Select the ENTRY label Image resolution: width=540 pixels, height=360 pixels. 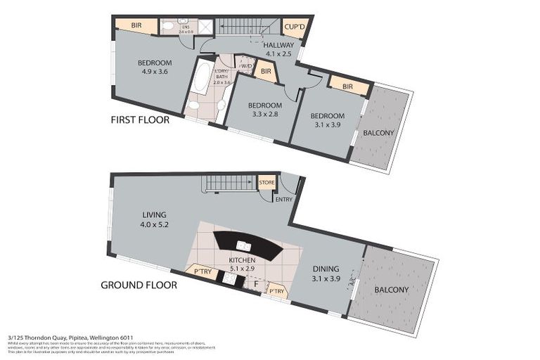click(284, 199)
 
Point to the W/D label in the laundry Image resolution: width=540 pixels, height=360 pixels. click(245, 67)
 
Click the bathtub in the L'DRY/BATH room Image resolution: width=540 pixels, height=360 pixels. click(200, 79)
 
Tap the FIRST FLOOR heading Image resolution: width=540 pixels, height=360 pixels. click(140, 120)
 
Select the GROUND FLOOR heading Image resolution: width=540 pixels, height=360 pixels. click(139, 285)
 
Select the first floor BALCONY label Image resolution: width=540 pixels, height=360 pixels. click(378, 133)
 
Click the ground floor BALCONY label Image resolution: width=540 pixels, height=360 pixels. click(392, 289)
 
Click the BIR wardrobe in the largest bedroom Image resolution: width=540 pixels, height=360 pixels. click(136, 25)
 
